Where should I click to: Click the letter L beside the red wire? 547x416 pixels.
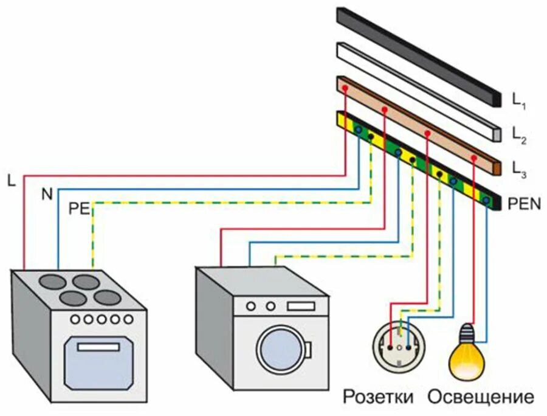12,180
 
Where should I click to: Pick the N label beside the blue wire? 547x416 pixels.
46,194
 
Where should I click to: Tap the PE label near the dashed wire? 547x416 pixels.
79,210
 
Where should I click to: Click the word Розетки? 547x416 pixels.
378,398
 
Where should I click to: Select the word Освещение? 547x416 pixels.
480,398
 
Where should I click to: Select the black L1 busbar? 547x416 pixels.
419,55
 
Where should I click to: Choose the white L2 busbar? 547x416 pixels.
419,89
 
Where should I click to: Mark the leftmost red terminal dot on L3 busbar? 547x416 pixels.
345,89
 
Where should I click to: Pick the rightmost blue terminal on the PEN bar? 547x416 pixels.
486,199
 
